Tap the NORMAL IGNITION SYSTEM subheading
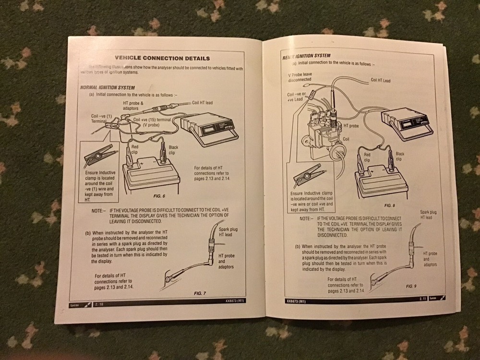pyautogui.click(x=107, y=88)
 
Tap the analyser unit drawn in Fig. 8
pyautogui.click(x=405, y=124)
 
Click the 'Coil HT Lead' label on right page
pyautogui.click(x=381, y=81)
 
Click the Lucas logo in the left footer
pyautogui.click(x=76, y=304)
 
